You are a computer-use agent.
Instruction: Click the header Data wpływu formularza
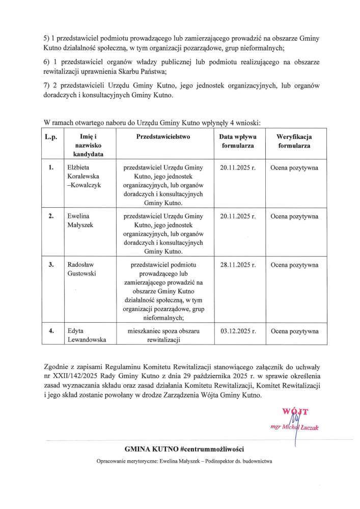[x=238, y=141]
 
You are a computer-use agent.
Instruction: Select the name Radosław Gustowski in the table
[x=82, y=269]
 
